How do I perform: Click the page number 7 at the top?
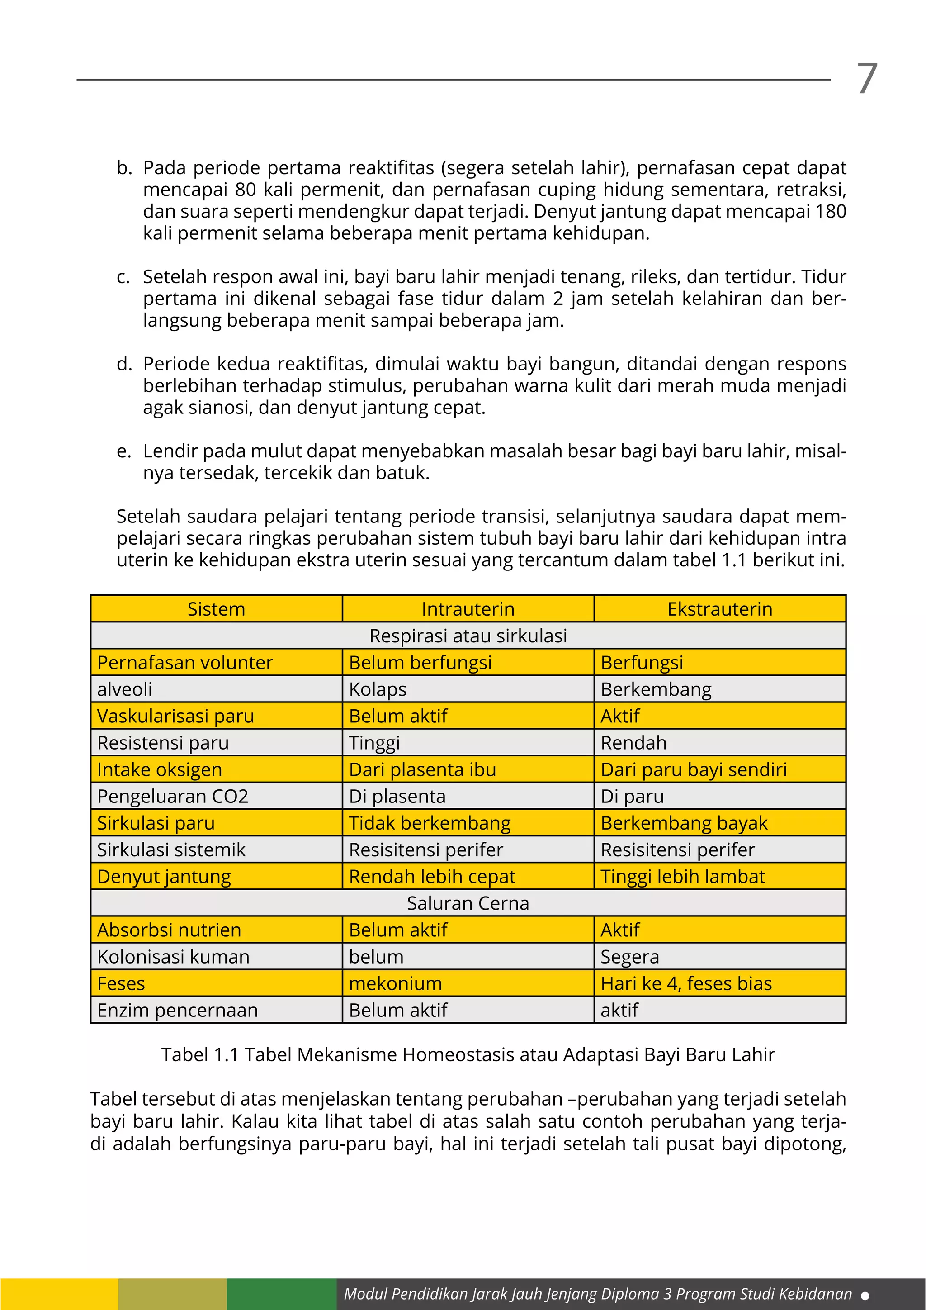click(x=867, y=79)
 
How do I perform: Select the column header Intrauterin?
click(x=468, y=609)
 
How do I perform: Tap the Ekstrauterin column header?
click(x=719, y=609)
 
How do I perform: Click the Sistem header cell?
click(x=216, y=609)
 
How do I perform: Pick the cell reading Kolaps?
click(x=378, y=689)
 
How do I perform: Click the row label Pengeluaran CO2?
click(x=173, y=796)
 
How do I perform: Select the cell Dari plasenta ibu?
click(x=422, y=769)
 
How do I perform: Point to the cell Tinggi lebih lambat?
click(x=683, y=876)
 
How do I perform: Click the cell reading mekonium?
click(x=395, y=983)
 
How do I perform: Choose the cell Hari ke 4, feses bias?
click(x=686, y=983)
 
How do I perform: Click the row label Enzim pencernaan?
click(x=177, y=1010)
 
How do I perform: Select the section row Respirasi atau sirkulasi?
click(x=468, y=636)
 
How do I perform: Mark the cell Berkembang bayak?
click(x=684, y=823)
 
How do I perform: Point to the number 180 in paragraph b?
click(x=830, y=212)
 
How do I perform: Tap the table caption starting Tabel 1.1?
click(x=468, y=1054)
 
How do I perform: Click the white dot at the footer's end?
click(x=865, y=1295)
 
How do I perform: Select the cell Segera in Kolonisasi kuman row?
click(x=629, y=957)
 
